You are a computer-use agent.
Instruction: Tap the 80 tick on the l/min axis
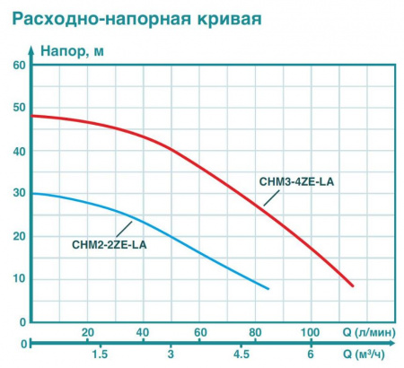click(256, 332)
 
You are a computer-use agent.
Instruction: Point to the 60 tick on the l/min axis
click(199, 332)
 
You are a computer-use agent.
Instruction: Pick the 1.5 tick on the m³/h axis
click(101, 354)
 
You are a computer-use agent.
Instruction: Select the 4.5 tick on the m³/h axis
click(241, 354)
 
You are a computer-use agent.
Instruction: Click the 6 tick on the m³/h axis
click(311, 354)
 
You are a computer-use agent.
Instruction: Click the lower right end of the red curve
click(354, 285)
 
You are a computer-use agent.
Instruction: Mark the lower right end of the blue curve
click(268, 288)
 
